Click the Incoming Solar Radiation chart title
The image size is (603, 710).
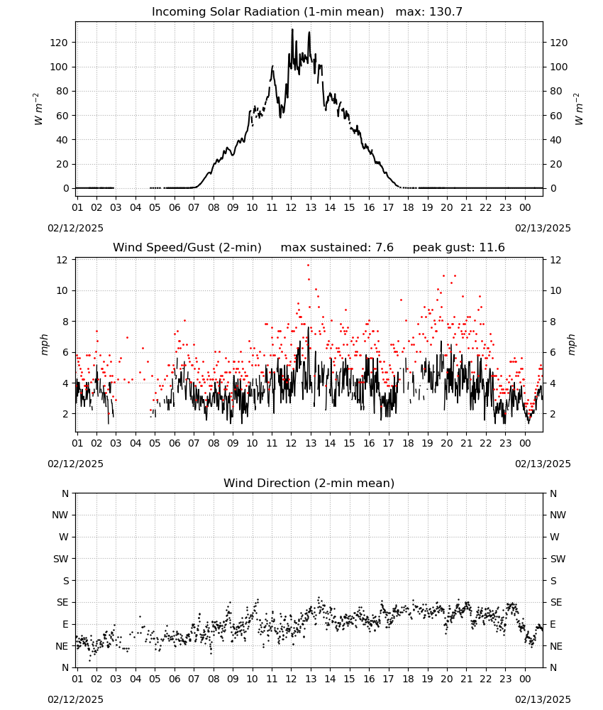(x=267, y=12)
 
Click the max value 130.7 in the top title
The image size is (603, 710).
(x=446, y=12)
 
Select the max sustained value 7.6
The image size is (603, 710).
(x=385, y=248)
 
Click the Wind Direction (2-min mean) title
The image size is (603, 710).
(x=309, y=483)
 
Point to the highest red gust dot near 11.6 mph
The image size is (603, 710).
(x=309, y=266)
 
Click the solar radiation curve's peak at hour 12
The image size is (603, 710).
(x=292, y=30)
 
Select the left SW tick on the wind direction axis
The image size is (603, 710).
(x=61, y=559)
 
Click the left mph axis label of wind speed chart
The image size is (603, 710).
(x=44, y=344)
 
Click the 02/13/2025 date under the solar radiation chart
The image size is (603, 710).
(x=543, y=228)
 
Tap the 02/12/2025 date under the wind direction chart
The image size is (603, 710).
(x=75, y=699)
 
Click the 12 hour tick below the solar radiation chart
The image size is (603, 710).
(x=291, y=207)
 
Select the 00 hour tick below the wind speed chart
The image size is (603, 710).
(x=525, y=443)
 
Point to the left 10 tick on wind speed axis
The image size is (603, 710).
(x=62, y=290)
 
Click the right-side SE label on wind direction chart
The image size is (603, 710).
(x=556, y=603)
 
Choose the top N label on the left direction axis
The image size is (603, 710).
(x=65, y=493)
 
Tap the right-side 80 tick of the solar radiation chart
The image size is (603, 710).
(x=556, y=91)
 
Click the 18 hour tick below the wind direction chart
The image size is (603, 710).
(x=408, y=679)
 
